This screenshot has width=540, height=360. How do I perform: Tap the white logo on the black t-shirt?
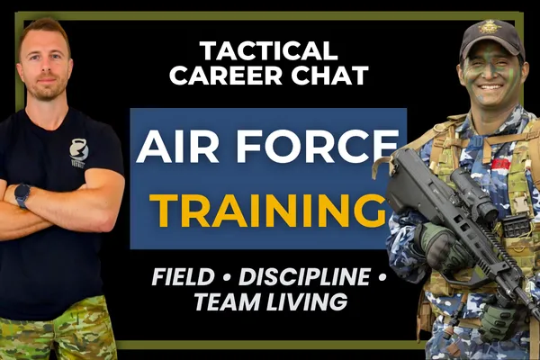[78, 153]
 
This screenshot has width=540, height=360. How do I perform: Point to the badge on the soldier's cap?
[490, 29]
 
